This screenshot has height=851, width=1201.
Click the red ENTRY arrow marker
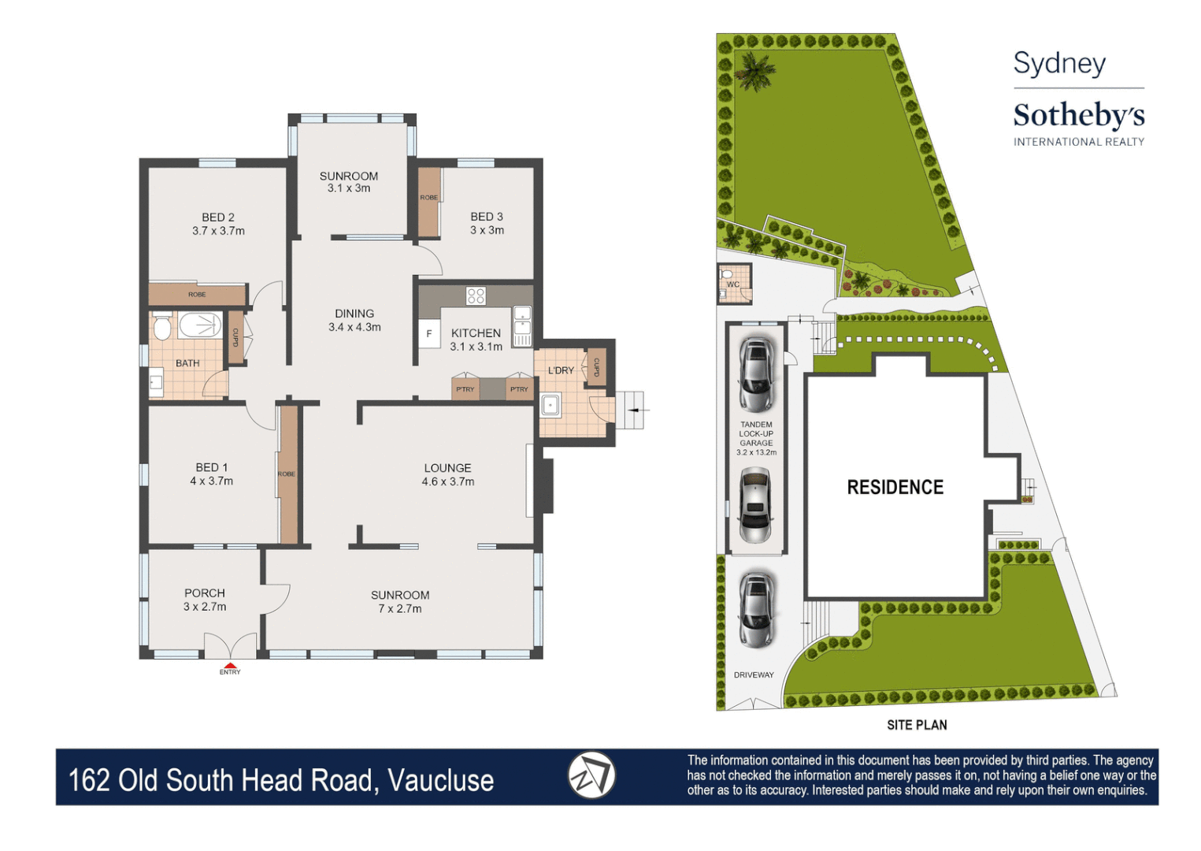tap(230, 665)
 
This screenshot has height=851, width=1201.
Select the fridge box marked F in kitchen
tap(429, 333)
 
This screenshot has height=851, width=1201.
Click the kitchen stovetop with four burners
tap(476, 295)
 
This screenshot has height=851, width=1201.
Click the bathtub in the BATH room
tap(200, 325)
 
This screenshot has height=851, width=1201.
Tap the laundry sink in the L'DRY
tap(550, 406)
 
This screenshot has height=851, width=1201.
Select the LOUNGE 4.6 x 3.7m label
tap(447, 474)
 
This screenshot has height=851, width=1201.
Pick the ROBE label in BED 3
tap(428, 198)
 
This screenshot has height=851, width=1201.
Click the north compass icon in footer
tap(591, 775)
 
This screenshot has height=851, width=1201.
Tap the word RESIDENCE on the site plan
tap(895, 487)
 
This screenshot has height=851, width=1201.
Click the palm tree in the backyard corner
tap(754, 71)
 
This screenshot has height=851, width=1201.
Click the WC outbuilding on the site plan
tap(734, 284)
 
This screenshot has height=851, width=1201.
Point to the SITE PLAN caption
tap(917, 725)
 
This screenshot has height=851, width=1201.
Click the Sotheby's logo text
tap(1078, 116)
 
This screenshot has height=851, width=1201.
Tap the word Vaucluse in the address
tap(440, 780)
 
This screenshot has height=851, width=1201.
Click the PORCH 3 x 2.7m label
tap(205, 600)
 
